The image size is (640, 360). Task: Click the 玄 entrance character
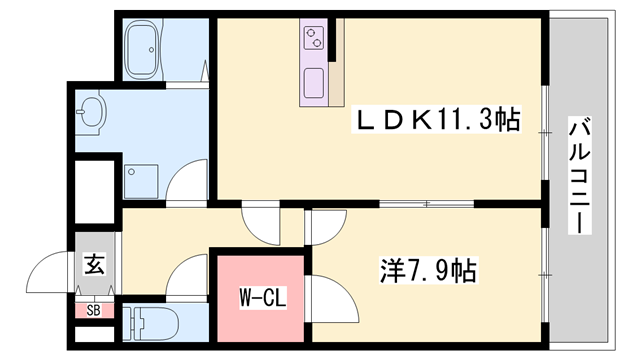coord(94,265)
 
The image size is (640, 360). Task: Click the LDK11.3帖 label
coord(439,120)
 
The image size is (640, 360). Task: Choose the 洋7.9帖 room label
coord(427,270)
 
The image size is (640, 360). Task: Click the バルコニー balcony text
coord(580,176)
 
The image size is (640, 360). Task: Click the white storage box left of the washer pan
coord(96,180)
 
